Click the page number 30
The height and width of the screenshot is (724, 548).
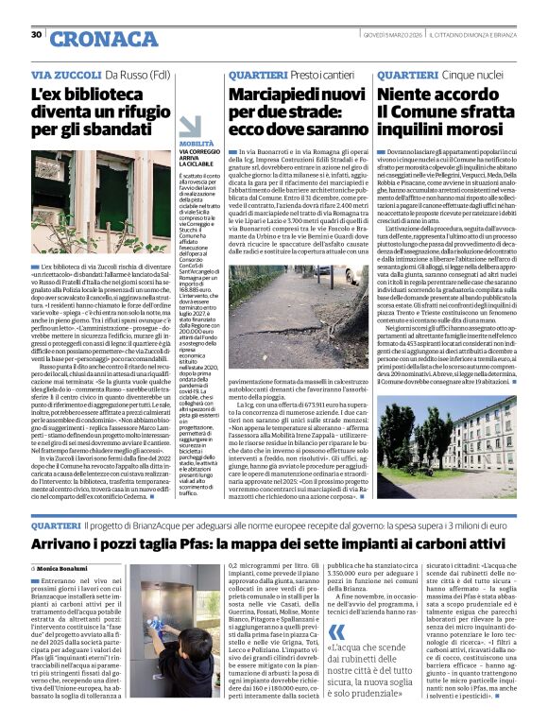point(37,35)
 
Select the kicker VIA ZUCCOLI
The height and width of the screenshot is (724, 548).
point(66,74)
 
